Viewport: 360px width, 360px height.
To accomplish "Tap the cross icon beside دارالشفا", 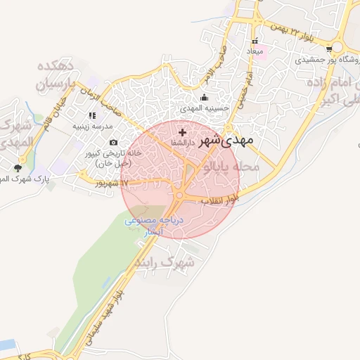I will click(x=183, y=132).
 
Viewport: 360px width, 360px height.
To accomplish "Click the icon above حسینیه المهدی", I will click(x=205, y=98).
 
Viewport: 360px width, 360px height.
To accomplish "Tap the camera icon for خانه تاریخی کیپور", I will click(x=114, y=143).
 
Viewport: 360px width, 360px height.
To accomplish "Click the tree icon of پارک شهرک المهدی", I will click(x=18, y=167).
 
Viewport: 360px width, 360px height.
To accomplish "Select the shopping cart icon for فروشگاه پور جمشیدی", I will click(x=329, y=49).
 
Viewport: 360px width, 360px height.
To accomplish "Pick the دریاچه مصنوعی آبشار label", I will click(x=153, y=225).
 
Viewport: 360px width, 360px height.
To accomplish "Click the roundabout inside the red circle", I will click(x=180, y=195).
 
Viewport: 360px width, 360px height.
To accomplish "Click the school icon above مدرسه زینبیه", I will click(x=91, y=115).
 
